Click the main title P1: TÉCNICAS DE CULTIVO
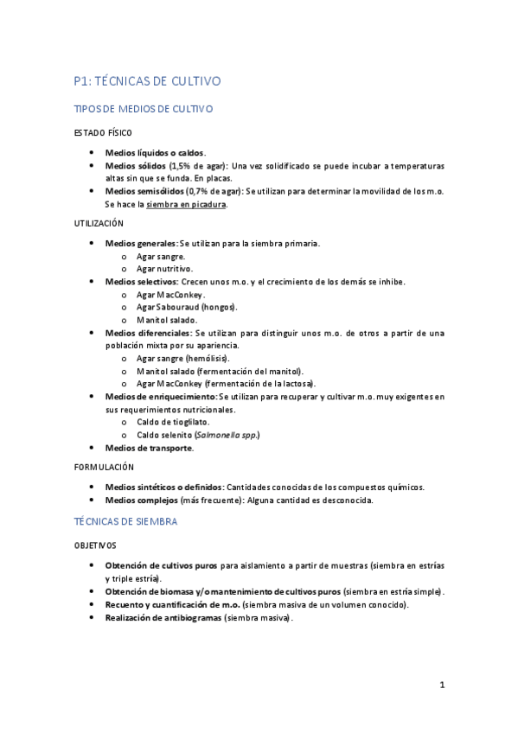point(148,81)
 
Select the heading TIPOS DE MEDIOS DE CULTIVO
point(144,110)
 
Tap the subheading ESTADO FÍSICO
point(103,133)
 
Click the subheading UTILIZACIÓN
point(99,223)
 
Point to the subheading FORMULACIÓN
point(103,466)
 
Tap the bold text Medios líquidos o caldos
point(155,152)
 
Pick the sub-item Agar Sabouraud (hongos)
point(186,307)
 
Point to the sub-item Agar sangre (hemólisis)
point(182,358)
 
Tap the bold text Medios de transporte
point(149,448)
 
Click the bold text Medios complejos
point(141,500)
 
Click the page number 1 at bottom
point(442,686)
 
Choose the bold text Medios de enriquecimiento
point(159,397)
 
